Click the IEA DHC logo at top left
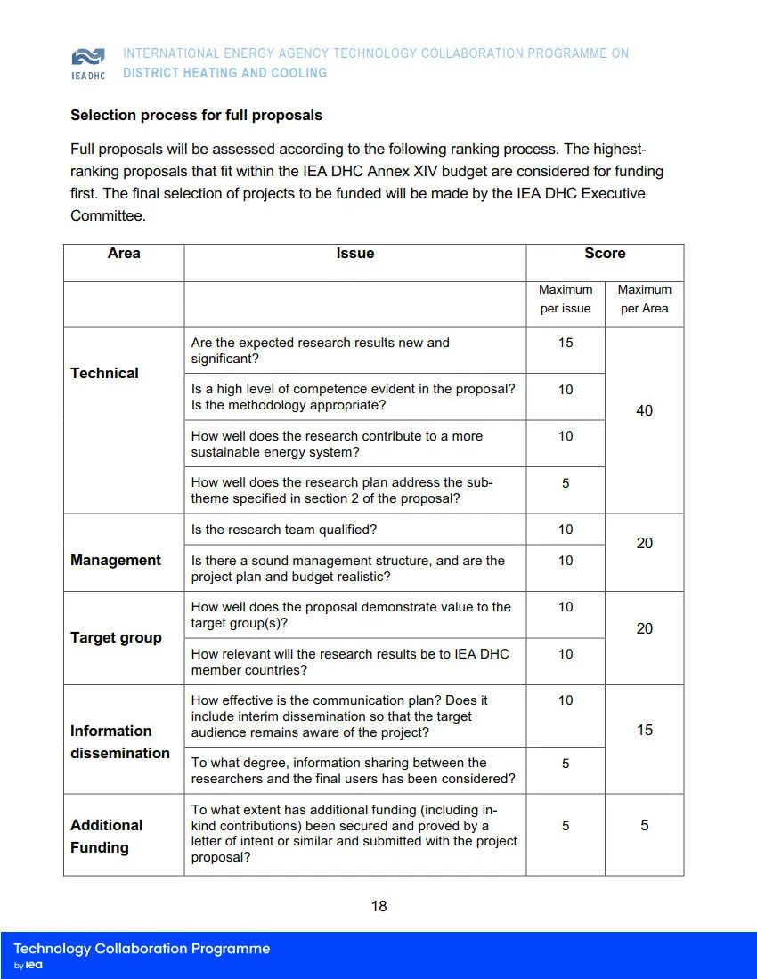coord(87,62)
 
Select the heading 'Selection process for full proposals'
coord(196,116)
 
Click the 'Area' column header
coord(124,254)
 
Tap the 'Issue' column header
coord(354,254)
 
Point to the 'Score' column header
coord(605,254)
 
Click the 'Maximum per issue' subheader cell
coord(566,299)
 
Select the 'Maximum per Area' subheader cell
coord(644,299)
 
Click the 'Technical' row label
coord(105,374)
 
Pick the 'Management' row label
coord(116,561)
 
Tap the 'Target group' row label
coord(116,638)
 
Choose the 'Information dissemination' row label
coord(119,742)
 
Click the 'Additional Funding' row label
coord(107,837)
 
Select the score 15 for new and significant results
coord(566,343)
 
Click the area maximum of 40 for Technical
coord(644,411)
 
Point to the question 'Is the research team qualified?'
coord(284,530)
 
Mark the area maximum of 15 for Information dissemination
coord(644,731)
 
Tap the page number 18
coord(378,907)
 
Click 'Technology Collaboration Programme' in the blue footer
coord(142,949)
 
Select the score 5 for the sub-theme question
coord(566,483)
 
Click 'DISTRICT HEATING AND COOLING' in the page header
coord(224,73)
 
